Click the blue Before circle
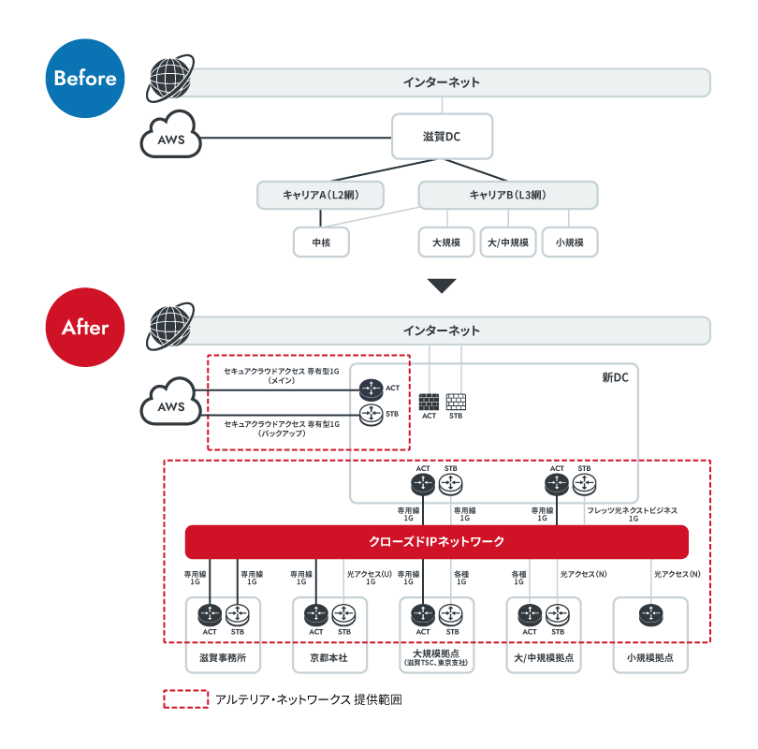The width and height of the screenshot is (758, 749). pyautogui.click(x=85, y=79)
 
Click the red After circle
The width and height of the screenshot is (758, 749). pyautogui.click(x=85, y=328)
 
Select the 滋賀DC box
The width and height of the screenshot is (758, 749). pyautogui.click(x=442, y=137)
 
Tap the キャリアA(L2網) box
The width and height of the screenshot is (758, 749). pyautogui.click(x=320, y=195)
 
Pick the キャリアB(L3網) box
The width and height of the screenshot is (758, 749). pyautogui.click(x=508, y=195)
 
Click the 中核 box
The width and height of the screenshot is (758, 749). pyautogui.click(x=321, y=242)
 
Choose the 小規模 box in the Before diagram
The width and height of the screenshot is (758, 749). pyautogui.click(x=570, y=242)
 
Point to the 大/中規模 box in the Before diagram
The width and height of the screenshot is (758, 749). pyautogui.click(x=508, y=242)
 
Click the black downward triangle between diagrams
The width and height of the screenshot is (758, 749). pyautogui.click(x=442, y=286)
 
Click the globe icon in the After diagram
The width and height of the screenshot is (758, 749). pyautogui.click(x=170, y=327)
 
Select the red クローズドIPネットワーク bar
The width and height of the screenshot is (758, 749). pyautogui.click(x=436, y=541)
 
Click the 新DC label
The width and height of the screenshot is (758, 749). pyautogui.click(x=615, y=377)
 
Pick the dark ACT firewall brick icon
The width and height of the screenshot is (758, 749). pyautogui.click(x=429, y=402)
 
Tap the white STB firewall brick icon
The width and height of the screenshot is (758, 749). pyautogui.click(x=456, y=402)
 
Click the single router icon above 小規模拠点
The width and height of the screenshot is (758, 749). pyautogui.click(x=650, y=615)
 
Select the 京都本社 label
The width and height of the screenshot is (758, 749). pyautogui.click(x=328, y=657)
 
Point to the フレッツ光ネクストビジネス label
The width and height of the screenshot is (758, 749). pyautogui.click(x=632, y=510)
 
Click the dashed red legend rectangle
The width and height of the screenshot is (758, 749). pyautogui.click(x=186, y=699)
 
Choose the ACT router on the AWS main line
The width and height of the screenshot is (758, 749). pyautogui.click(x=372, y=389)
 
